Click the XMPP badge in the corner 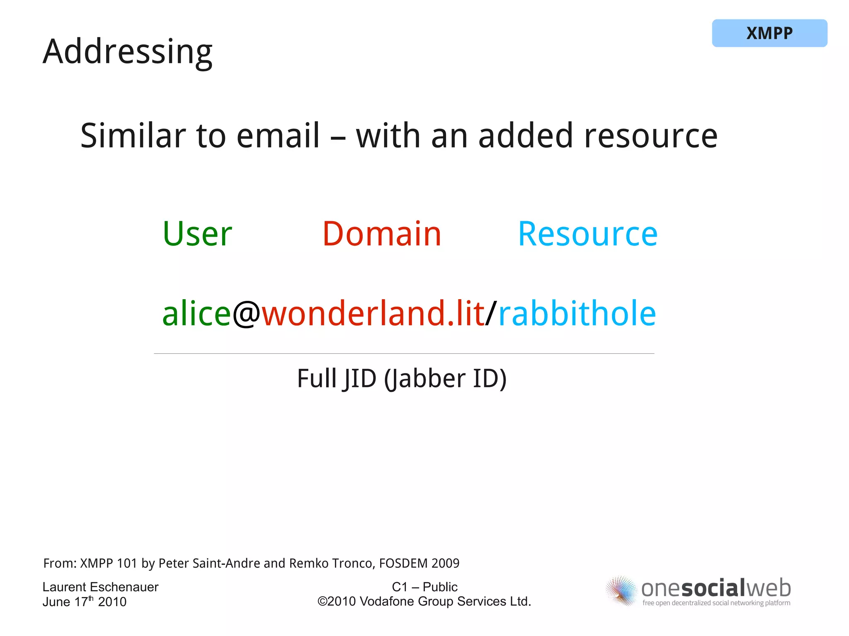click(769, 33)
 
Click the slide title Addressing click(127, 52)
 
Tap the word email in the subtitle click(278, 136)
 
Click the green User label click(197, 234)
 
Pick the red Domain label click(382, 234)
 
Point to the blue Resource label click(587, 234)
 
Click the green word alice click(196, 314)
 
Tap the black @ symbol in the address click(246, 314)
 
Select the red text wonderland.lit click(373, 314)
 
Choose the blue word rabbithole click(577, 314)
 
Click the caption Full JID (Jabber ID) click(402, 379)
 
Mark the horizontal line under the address click(404, 353)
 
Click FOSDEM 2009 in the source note click(419, 563)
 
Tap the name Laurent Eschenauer click(100, 587)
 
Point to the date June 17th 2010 click(84, 602)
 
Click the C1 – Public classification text click(424, 587)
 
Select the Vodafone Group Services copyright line click(424, 602)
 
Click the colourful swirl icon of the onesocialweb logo click(621, 591)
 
